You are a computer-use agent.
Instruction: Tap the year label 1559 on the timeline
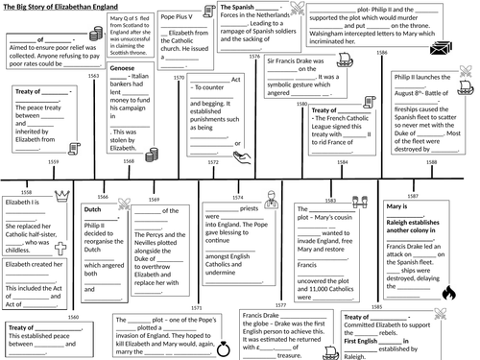[x=53, y=162]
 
